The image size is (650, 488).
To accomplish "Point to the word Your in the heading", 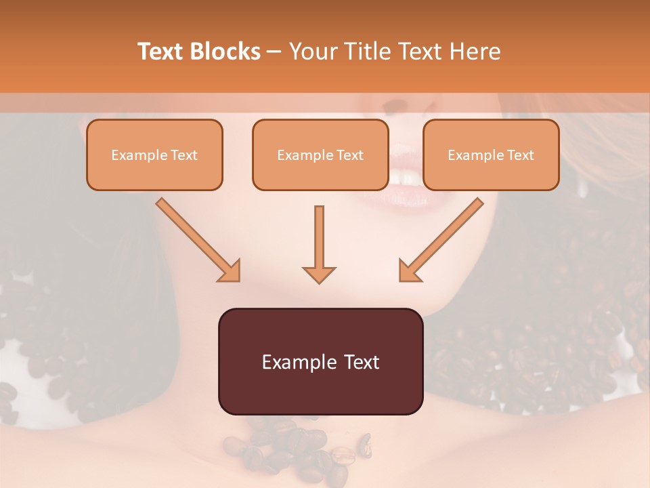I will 311,52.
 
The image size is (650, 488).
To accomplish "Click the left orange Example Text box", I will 154,155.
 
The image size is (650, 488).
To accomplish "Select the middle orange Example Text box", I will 320,155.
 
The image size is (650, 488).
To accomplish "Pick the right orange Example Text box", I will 491,155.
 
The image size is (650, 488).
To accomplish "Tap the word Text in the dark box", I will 362,362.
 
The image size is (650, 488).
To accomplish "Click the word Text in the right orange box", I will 521,155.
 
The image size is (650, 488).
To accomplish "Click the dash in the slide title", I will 275,52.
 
